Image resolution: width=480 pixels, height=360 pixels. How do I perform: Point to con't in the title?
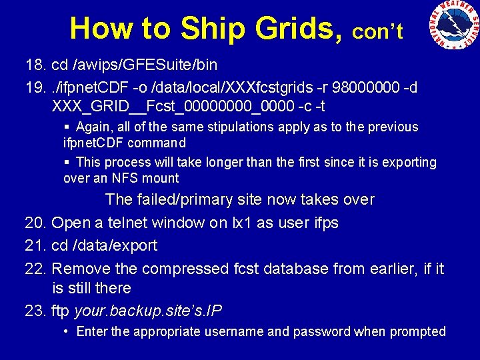coord(377,31)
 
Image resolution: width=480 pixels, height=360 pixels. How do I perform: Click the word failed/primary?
coord(191,199)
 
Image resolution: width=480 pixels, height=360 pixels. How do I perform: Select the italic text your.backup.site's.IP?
coord(148,311)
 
